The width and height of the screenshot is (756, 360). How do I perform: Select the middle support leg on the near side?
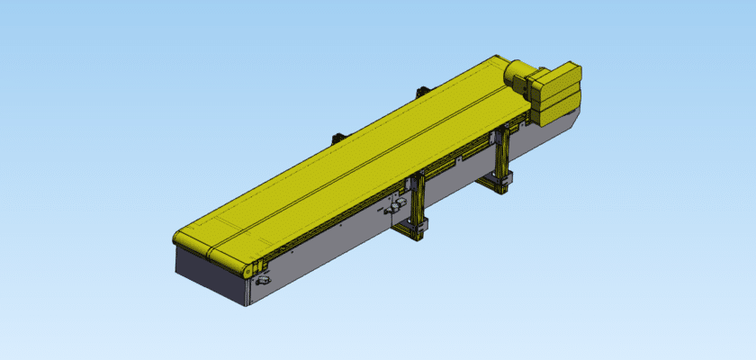click(416, 202)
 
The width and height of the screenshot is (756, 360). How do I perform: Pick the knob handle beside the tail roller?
click(264, 283)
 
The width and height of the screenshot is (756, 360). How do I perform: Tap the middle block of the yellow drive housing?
click(558, 94)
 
